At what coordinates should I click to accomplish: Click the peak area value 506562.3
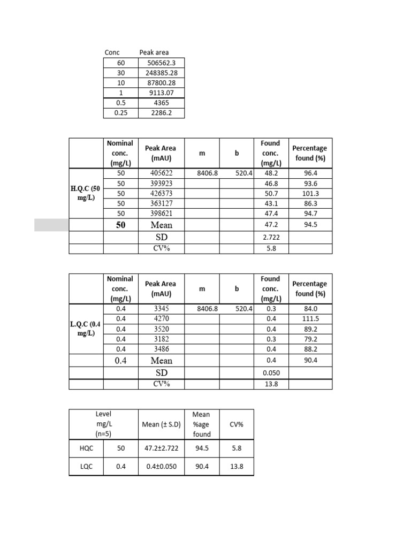[x=161, y=63]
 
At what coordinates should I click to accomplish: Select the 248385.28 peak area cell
[x=161, y=73]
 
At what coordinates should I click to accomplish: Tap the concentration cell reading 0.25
[x=120, y=113]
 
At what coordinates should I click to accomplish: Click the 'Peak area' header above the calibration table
[x=154, y=52]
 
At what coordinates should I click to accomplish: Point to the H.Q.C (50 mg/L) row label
[x=86, y=193]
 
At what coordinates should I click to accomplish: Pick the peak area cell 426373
[x=161, y=193]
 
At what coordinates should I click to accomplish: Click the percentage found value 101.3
[x=310, y=193]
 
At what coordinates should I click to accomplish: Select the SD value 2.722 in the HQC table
[x=270, y=237]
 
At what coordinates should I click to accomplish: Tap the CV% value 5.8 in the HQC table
[x=270, y=249]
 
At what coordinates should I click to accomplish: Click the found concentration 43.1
[x=270, y=203]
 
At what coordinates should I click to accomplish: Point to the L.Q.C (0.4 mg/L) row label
[x=86, y=329]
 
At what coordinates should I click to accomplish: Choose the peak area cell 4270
[x=161, y=319]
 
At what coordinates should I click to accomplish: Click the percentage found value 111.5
[x=310, y=319]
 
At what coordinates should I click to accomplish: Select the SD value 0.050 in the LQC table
[x=270, y=373]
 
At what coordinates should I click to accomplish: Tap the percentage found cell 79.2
[x=310, y=339]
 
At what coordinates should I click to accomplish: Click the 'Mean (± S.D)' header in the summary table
[x=162, y=424]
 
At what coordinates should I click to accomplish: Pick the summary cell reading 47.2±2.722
[x=162, y=448]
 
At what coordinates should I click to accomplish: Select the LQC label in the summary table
[x=86, y=467]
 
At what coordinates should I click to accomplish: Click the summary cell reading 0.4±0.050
[x=162, y=467]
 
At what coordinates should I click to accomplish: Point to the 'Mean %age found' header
[x=202, y=424]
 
